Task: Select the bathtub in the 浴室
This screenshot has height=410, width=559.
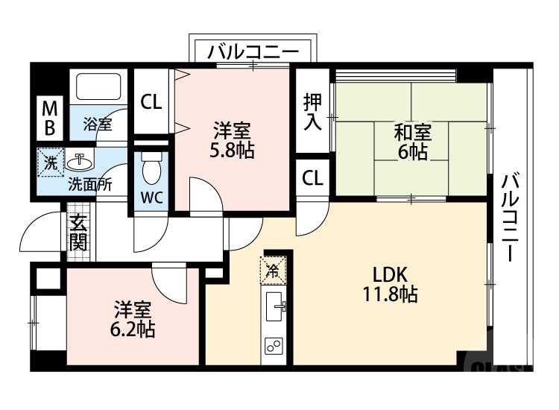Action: point(98,87)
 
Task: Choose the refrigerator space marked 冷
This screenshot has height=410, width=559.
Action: point(274,271)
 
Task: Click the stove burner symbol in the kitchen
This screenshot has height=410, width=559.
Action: point(274,346)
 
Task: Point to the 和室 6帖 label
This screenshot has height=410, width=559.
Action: point(412,142)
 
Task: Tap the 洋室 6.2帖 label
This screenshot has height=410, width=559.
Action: point(134,319)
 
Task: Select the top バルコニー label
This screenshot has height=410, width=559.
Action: point(253,52)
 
